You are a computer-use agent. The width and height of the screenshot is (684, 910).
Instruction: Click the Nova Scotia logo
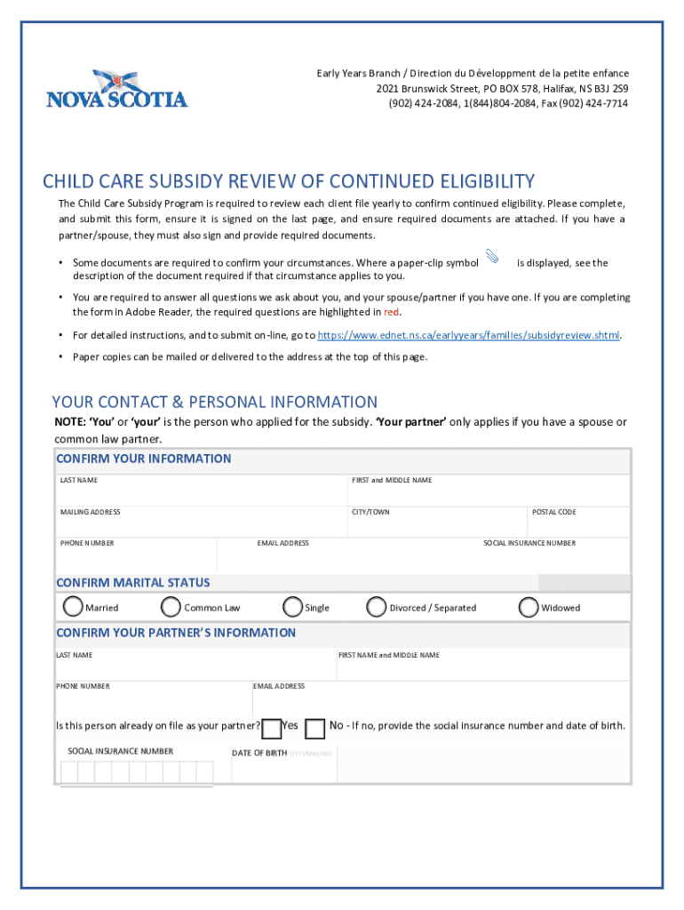click(x=116, y=90)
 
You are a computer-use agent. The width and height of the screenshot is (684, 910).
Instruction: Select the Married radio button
click(x=73, y=607)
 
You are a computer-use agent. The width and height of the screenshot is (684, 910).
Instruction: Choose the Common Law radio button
click(x=171, y=607)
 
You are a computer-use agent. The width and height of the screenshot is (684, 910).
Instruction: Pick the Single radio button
click(x=292, y=607)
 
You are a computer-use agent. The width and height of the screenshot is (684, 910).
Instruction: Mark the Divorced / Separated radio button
click(x=377, y=607)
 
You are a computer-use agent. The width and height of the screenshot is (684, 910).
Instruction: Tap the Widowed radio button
click(x=529, y=607)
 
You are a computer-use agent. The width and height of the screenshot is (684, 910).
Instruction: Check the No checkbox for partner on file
click(x=314, y=729)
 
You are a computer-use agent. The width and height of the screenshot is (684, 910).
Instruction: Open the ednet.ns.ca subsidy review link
click(x=469, y=336)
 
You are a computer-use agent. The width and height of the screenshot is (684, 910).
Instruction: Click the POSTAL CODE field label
click(x=553, y=512)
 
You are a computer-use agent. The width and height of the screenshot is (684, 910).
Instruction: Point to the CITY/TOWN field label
click(x=370, y=512)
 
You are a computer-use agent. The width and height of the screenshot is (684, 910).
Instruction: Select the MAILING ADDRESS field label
click(x=90, y=512)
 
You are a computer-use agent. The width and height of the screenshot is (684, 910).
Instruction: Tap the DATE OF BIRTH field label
click(x=259, y=754)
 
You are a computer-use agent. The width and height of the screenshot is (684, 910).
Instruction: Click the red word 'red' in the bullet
click(x=391, y=313)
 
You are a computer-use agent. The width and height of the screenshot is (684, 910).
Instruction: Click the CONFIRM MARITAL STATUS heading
click(x=133, y=583)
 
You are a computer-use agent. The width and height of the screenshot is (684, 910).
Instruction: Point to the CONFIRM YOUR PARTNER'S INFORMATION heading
click(x=176, y=633)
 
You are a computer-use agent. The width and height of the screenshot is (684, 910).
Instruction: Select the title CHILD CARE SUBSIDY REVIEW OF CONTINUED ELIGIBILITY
click(x=289, y=182)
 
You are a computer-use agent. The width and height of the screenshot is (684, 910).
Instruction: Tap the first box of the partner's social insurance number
click(x=68, y=772)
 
